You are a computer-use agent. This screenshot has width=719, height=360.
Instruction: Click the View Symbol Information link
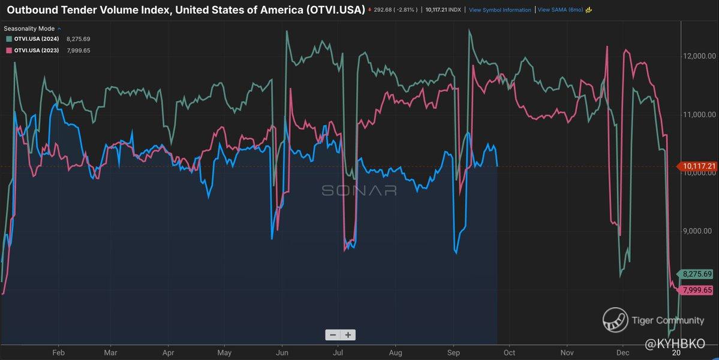(500, 10)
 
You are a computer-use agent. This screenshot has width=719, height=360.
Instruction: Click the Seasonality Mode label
(29, 28)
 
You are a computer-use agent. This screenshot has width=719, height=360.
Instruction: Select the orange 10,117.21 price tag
(697, 166)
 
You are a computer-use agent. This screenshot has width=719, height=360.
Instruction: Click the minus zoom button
(333, 335)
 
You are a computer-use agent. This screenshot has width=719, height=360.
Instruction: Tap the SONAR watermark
(359, 190)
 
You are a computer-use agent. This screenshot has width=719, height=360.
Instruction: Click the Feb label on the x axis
(58, 352)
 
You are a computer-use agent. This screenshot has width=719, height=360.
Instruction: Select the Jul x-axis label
(338, 352)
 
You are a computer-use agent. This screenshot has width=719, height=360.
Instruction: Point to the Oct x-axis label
(510, 352)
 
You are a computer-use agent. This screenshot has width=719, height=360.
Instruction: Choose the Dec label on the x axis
(622, 352)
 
